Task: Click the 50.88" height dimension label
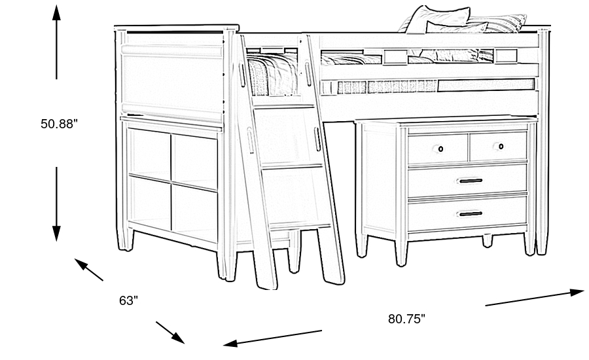tap(59, 124)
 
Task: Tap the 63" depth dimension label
tap(128, 300)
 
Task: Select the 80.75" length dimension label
tap(406, 319)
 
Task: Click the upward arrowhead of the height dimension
tap(56, 13)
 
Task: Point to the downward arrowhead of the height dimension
tap(56, 234)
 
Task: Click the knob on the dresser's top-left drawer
tap(440, 149)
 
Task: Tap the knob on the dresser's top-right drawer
tap(501, 146)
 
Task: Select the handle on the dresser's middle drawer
tap(471, 181)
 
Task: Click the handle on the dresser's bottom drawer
tap(471, 214)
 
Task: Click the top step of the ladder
tap(285, 107)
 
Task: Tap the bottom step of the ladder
tap(300, 226)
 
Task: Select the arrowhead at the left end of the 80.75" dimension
tap(230, 343)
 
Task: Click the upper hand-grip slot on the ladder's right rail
tap(308, 74)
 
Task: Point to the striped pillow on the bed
tap(499, 24)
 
